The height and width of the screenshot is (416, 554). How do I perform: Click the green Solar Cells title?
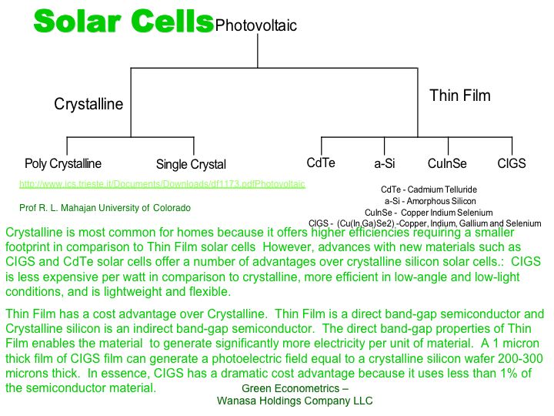[x=124, y=22]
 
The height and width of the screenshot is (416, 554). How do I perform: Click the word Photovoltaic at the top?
[x=255, y=25]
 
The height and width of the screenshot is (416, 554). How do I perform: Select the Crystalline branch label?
[x=88, y=104]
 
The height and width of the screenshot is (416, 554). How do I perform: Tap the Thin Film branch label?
[x=460, y=96]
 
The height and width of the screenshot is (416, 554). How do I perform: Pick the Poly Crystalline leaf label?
[x=63, y=163]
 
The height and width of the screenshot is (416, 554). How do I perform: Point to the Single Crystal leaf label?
[x=191, y=164]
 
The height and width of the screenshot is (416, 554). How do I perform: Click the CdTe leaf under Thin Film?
[x=321, y=163]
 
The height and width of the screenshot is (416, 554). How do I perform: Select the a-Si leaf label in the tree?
[x=385, y=163]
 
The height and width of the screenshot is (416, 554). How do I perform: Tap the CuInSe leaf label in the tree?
[x=447, y=163]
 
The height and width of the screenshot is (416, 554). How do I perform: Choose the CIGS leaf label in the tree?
[x=512, y=163]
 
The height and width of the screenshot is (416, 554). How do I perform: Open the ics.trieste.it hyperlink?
[x=162, y=184]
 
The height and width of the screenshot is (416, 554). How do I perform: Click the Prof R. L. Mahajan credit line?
[x=105, y=208]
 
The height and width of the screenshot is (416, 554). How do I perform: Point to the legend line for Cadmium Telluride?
[x=429, y=190]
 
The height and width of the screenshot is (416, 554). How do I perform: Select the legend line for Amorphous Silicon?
[x=430, y=201]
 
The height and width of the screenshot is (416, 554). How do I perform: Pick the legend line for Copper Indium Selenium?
[x=429, y=213]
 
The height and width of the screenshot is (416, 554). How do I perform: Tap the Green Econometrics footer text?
[x=295, y=388]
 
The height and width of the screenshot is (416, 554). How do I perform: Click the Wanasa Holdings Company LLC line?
[x=295, y=401]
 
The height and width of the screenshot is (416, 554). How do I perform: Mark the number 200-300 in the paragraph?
[x=520, y=358]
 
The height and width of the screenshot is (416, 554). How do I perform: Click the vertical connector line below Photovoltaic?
[x=258, y=51]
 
